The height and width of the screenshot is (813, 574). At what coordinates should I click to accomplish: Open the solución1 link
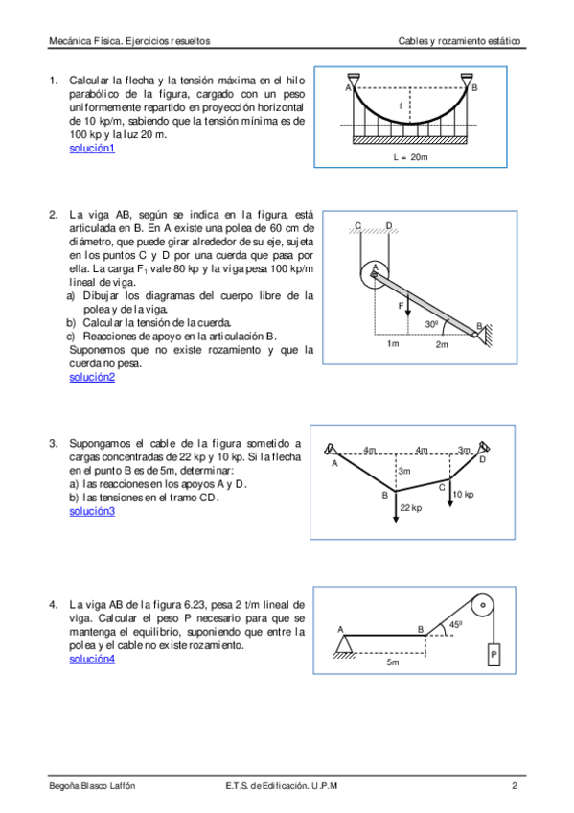pos(92,149)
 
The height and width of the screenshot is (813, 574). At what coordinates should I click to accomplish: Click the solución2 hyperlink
pos(92,377)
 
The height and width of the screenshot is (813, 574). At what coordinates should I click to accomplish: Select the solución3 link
pos(92,511)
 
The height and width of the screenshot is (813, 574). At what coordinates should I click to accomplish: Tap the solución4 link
pos(92,659)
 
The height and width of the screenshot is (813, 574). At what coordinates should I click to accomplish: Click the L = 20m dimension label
pos(410,157)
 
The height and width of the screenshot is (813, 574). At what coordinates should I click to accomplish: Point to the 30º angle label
pos(431,325)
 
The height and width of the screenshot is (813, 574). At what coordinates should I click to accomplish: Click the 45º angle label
pos(455,625)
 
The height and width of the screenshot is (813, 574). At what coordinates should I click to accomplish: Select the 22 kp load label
pos(411,508)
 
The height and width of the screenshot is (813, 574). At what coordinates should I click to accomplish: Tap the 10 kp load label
pos(463,494)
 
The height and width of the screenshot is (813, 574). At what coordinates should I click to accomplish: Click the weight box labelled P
pos(494,655)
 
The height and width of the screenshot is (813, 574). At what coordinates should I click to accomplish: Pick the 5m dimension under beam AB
pos(393,662)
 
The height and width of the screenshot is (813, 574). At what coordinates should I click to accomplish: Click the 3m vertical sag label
pos(404,471)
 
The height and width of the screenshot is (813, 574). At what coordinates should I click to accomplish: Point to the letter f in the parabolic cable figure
pos(400,106)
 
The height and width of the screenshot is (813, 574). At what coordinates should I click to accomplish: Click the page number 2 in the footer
pos(515,786)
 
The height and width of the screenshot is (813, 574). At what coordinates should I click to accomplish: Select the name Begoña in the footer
pos(63,786)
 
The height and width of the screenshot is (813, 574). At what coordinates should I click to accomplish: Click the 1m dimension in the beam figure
pos(393,344)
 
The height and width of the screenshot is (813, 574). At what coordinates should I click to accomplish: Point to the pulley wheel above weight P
pos(483,605)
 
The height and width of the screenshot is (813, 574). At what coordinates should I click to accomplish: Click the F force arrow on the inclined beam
pos(408,304)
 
